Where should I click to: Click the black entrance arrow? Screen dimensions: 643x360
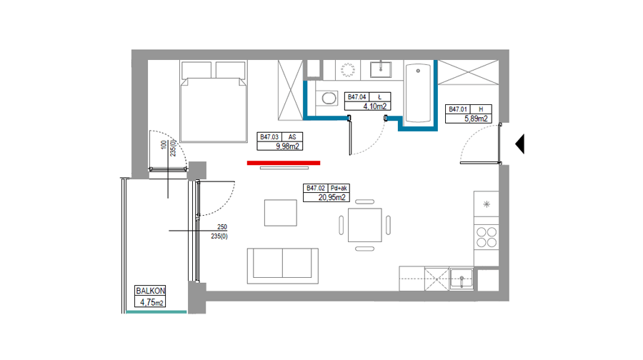click(x=520, y=144)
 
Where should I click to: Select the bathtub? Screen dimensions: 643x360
click(x=418, y=93)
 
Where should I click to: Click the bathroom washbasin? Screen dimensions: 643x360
click(x=381, y=69)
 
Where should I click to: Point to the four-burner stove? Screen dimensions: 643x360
click(x=487, y=237)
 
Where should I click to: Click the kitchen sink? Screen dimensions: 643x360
click(x=462, y=279)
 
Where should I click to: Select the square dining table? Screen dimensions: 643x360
click(x=364, y=225)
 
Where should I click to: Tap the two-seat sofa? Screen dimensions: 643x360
click(x=282, y=266)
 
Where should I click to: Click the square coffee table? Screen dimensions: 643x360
click(x=281, y=213)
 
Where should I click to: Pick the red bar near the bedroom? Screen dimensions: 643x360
click(x=284, y=163)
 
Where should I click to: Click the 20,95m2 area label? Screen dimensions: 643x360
click(x=332, y=198)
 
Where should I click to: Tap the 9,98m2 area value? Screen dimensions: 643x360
click(x=287, y=146)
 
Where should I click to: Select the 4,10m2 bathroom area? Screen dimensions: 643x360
click(x=375, y=106)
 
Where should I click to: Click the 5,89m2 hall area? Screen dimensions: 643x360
click(x=476, y=119)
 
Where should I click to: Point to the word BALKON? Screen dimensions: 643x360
click(x=151, y=291)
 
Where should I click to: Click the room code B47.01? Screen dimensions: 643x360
click(x=458, y=109)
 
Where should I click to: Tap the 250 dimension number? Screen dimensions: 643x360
click(x=222, y=226)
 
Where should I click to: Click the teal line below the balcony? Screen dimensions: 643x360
click(x=156, y=312)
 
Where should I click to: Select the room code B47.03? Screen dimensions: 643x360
click(x=269, y=137)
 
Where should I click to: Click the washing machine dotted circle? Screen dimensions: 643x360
click(x=348, y=70)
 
